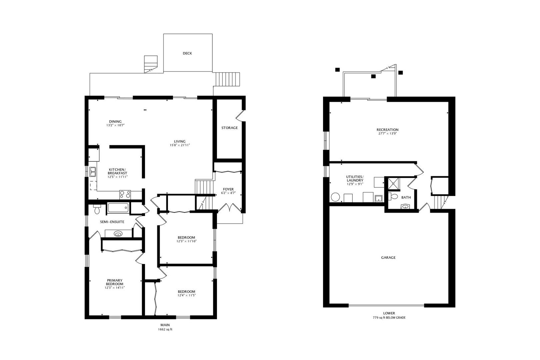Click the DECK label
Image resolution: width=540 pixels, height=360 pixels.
click(x=187, y=53)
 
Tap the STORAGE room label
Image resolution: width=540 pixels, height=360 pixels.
click(x=229, y=128)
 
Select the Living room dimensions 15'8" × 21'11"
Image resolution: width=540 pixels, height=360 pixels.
click(x=180, y=145)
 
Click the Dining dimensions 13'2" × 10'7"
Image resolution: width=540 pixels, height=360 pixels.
click(x=115, y=125)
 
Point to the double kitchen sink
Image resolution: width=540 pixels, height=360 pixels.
click(x=93, y=172)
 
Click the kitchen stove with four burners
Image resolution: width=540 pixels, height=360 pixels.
click(x=125, y=195)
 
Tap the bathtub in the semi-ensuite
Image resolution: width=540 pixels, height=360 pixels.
click(x=118, y=208)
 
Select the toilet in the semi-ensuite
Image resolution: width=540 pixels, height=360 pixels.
click(x=97, y=209)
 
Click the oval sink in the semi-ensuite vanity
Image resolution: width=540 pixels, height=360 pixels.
click(x=118, y=234)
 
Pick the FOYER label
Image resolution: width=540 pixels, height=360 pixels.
click(x=228, y=189)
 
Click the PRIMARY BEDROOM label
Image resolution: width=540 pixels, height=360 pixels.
click(x=115, y=282)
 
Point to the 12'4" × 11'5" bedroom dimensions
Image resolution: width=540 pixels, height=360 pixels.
click(x=187, y=295)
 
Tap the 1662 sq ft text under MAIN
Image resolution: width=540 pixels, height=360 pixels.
click(x=165, y=329)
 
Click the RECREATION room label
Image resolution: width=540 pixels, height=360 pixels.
click(x=387, y=130)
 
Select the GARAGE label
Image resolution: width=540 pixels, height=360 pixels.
click(x=388, y=258)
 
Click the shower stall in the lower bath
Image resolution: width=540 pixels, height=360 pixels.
click(x=393, y=184)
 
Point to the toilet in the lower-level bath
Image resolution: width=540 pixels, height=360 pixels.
click(x=393, y=196)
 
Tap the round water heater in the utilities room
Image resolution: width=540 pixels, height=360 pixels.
click(x=335, y=197)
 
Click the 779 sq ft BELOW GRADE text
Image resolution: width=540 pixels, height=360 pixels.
click(x=389, y=318)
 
